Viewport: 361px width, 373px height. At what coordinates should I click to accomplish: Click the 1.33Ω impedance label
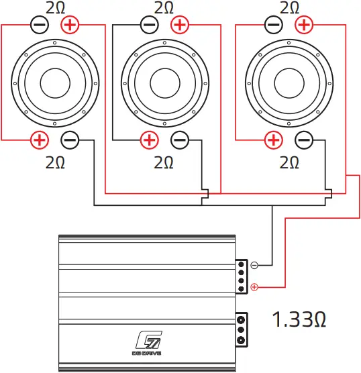299,319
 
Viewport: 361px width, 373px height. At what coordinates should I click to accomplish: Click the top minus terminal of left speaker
40,25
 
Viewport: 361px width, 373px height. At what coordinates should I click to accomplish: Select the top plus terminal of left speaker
69,25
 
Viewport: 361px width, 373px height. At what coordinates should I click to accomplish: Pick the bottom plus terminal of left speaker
40,140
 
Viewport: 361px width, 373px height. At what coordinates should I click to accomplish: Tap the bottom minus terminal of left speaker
70,140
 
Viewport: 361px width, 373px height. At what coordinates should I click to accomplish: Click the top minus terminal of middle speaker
150,25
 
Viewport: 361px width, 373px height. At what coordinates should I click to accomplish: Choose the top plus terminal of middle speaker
179,25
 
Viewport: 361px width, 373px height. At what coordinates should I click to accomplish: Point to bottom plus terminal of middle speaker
150,140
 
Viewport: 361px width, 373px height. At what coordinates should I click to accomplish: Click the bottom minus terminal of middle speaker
179,140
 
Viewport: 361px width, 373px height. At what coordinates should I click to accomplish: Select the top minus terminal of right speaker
273,25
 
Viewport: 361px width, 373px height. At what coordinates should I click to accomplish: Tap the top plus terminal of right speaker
303,25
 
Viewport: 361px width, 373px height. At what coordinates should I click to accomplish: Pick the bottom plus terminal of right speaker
273,140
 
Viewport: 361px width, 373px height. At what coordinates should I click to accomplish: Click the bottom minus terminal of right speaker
303,140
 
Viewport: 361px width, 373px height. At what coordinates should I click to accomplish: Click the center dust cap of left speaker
55,83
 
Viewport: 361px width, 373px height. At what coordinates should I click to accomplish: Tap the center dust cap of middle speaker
164,83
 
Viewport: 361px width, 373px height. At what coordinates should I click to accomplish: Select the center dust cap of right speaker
289,83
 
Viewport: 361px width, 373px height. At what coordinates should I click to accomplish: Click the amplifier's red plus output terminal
254,288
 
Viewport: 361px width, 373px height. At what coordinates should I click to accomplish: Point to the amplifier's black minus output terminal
254,265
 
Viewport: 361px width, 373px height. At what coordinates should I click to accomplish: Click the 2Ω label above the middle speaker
164,8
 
